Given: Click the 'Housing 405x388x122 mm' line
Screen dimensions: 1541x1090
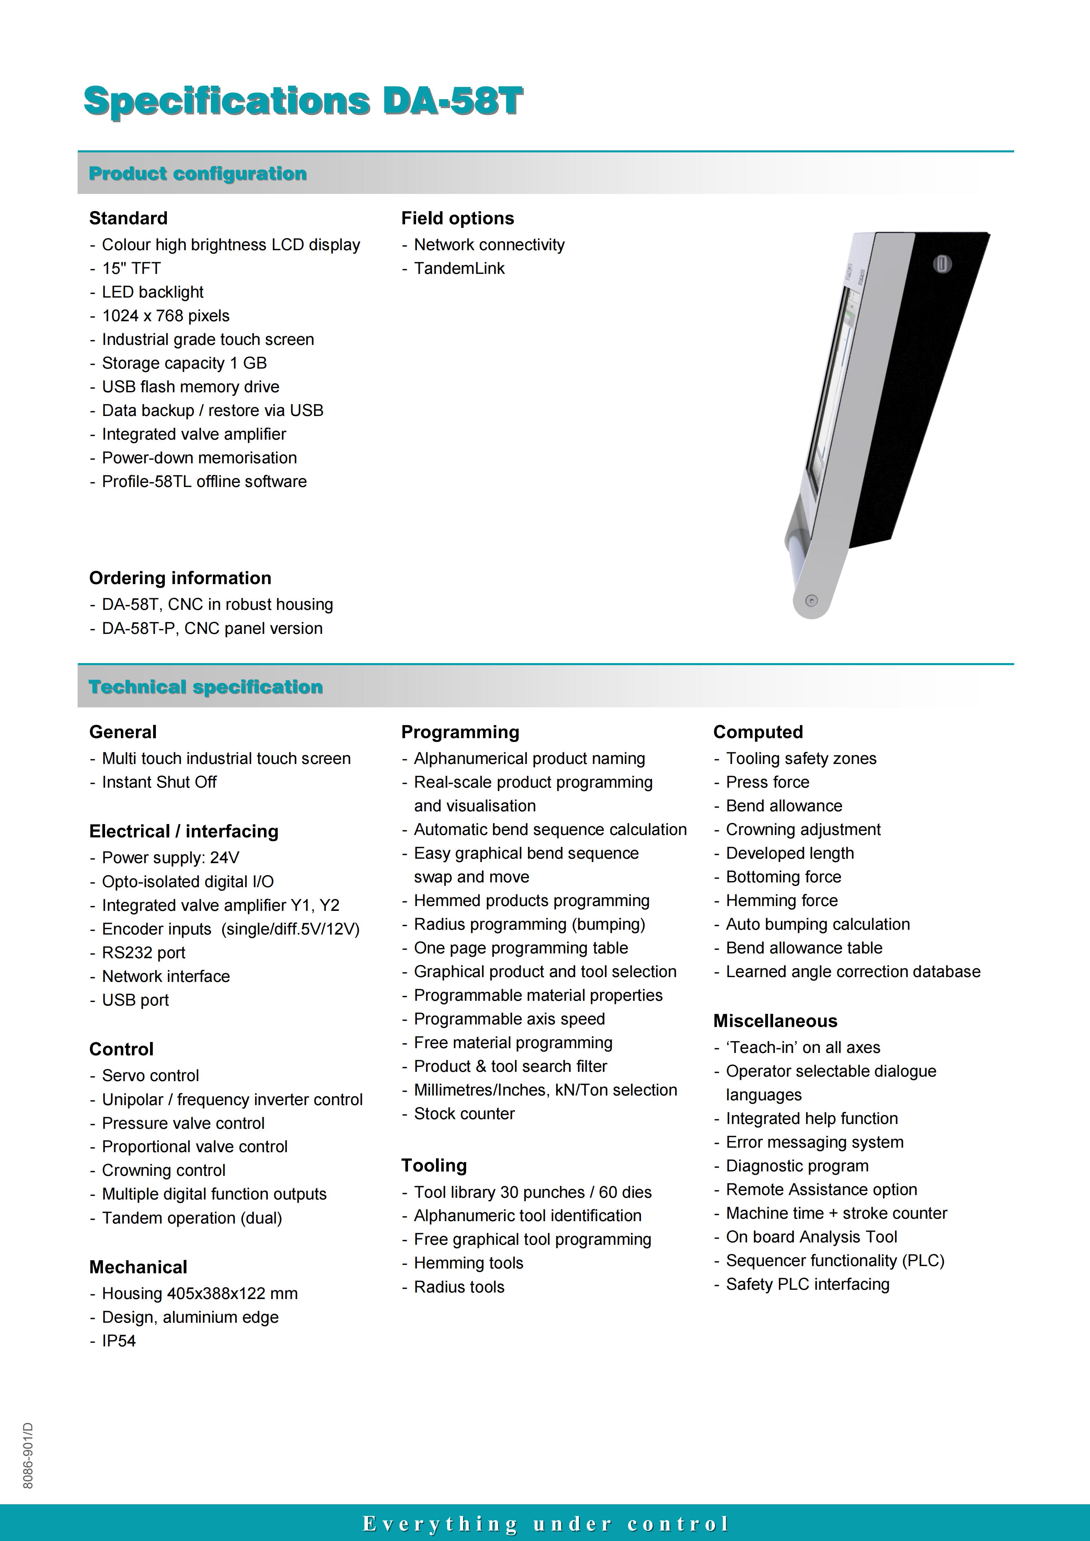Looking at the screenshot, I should pos(199,1293).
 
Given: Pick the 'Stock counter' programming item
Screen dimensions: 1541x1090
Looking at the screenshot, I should pos(464,1113).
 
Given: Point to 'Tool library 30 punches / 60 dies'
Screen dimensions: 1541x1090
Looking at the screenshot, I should pos(532,1192).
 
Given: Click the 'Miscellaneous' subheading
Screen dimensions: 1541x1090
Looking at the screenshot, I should pos(775,1021).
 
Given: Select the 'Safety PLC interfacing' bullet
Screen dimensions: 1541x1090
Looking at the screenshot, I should pos(807,1284).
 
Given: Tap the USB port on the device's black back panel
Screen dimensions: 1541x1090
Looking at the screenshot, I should pos(942,264).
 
